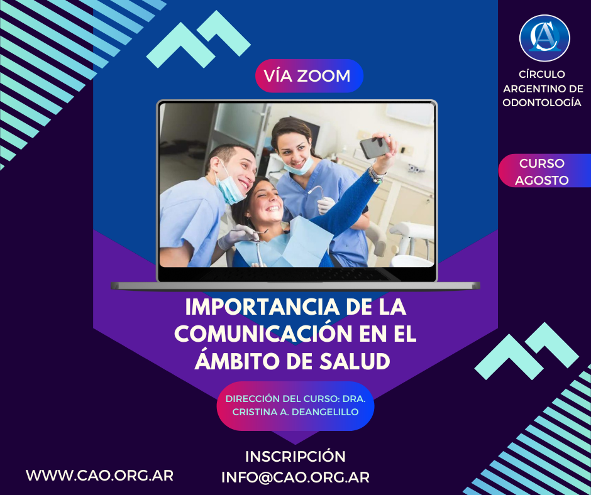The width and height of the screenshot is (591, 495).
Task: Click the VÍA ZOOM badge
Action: click(x=309, y=76)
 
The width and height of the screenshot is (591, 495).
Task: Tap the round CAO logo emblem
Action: click(x=544, y=38)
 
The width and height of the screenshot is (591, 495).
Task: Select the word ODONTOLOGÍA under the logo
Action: click(x=541, y=102)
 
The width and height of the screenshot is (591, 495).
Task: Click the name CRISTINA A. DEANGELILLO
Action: click(x=295, y=412)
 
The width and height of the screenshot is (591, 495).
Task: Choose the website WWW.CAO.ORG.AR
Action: click(x=99, y=476)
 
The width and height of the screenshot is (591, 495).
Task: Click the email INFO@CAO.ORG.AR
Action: click(x=295, y=477)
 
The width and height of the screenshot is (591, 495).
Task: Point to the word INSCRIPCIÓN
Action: click(x=295, y=457)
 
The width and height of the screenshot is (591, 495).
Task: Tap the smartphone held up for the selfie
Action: click(x=374, y=147)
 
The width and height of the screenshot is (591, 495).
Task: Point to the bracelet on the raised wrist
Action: click(x=377, y=175)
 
